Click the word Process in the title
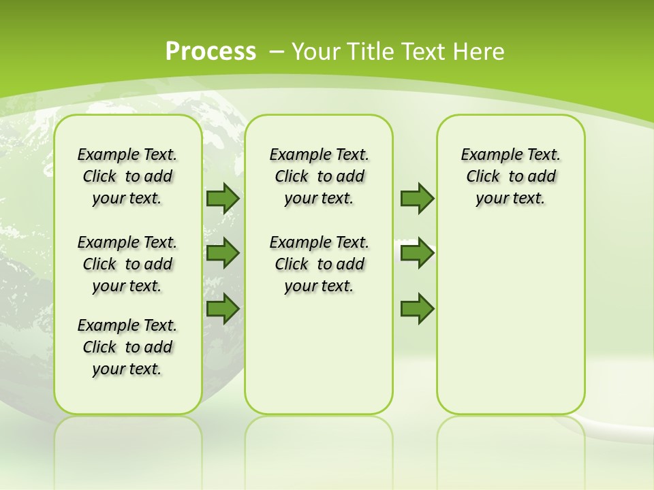tap(211, 52)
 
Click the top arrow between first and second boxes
tap(223, 198)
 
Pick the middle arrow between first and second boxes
tap(223, 253)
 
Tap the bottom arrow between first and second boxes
tap(223, 309)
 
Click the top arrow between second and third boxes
tap(417, 198)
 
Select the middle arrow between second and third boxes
tap(417, 253)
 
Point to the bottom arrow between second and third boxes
tap(417, 309)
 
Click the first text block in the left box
tap(127, 176)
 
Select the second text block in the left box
tap(127, 264)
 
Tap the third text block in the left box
tap(127, 347)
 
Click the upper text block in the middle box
tap(319, 176)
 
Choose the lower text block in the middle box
tap(319, 264)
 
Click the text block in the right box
tap(510, 176)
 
